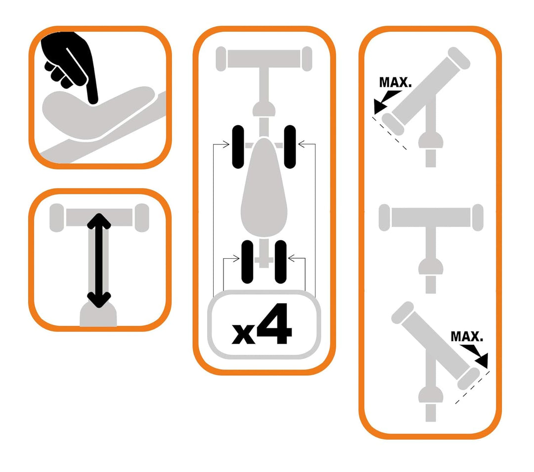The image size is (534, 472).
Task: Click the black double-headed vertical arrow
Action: [x=99, y=260]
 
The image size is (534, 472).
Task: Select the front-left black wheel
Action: [x=238, y=147]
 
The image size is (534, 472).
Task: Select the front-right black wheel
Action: [x=290, y=147]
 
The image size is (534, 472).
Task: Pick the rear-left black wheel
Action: [x=247, y=262]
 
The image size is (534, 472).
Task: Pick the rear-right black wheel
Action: [x=281, y=262]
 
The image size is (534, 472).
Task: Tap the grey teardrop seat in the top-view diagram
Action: [x=264, y=188]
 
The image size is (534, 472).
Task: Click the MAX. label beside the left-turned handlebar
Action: [x=396, y=83]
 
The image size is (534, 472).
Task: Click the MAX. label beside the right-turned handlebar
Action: [x=467, y=337]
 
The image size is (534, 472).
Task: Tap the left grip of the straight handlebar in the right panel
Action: [x=384, y=217]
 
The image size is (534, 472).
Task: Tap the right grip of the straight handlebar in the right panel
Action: [x=478, y=217]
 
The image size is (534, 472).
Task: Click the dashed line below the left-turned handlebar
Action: [x=390, y=134]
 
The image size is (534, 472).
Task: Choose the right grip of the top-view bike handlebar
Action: [x=307, y=59]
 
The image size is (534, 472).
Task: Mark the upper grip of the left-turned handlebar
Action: [x=459, y=58]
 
